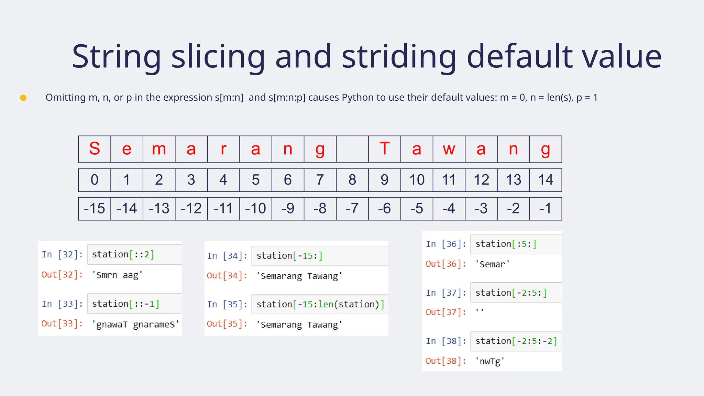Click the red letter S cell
(x=95, y=149)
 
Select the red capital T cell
(x=384, y=149)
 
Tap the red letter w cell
(x=449, y=149)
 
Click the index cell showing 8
(x=352, y=180)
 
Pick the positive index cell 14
(x=546, y=180)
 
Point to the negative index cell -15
(x=95, y=208)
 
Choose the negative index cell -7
(x=352, y=208)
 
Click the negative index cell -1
(x=546, y=208)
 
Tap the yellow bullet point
(x=23, y=98)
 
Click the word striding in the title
(x=399, y=57)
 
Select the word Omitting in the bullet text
(x=66, y=98)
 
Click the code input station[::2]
(x=123, y=254)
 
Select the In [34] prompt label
(x=227, y=256)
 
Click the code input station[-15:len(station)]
(x=320, y=304)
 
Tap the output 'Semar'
(x=492, y=264)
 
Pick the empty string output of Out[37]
(x=480, y=311)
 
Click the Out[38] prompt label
(x=446, y=361)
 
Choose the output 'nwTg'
(x=490, y=361)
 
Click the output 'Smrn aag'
(x=117, y=275)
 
